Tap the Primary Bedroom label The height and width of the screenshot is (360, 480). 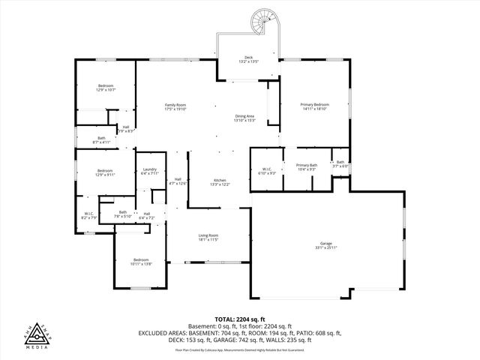pyautogui.click(x=315, y=106)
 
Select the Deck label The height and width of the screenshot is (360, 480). pyautogui.click(x=249, y=59)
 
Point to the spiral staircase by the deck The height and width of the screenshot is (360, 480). pyautogui.click(x=265, y=23)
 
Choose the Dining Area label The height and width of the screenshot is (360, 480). pyautogui.click(x=245, y=118)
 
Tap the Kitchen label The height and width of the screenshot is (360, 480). pyautogui.click(x=220, y=182)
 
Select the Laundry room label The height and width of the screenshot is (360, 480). pyautogui.click(x=149, y=172)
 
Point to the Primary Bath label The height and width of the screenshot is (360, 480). pyautogui.click(x=307, y=167)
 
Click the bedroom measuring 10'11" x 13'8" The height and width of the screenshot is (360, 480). pyautogui.click(x=141, y=262)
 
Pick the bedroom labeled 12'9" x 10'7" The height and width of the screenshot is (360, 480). pyautogui.click(x=106, y=88)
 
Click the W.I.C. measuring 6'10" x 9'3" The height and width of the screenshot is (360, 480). pyautogui.click(x=266, y=172)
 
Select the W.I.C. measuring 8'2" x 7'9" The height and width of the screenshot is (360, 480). pyautogui.click(x=90, y=216)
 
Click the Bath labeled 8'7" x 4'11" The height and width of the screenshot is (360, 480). pyautogui.click(x=101, y=139)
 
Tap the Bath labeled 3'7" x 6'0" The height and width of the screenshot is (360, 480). pyautogui.click(x=340, y=164)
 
